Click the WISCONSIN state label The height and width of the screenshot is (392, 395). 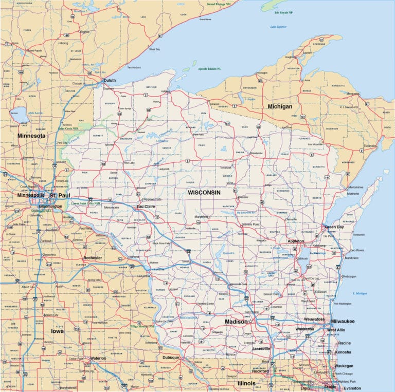(x=204, y=192)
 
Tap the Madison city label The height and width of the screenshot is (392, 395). (x=236, y=322)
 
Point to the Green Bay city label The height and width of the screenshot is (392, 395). (x=334, y=227)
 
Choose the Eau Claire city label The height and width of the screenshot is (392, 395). (x=146, y=207)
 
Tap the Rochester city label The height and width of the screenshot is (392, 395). (x=93, y=257)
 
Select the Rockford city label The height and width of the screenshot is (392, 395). (x=260, y=371)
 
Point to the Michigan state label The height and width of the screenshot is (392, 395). (x=280, y=106)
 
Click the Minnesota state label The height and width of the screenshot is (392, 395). (x=31, y=136)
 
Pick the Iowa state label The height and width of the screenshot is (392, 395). (x=57, y=331)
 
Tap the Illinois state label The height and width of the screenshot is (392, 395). (x=246, y=383)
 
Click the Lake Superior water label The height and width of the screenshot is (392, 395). (x=278, y=26)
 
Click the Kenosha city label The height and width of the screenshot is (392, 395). (x=344, y=352)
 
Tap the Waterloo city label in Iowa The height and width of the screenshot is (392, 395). (x=98, y=358)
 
